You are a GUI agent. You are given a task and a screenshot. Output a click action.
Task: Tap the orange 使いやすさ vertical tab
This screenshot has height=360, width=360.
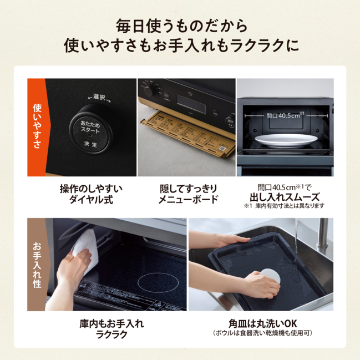[37, 128]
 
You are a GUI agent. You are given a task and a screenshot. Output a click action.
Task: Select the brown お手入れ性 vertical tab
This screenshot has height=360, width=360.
[37, 265]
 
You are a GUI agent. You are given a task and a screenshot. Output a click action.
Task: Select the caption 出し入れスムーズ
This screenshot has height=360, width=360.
[284, 196]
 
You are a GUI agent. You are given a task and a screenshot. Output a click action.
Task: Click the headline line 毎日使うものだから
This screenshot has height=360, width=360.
[180, 26]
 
